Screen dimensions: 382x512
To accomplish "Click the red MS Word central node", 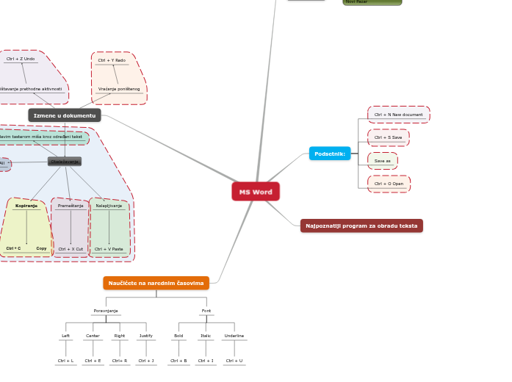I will (x=256, y=192).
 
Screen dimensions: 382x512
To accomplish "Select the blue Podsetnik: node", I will (x=330, y=154).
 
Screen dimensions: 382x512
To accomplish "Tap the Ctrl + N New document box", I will (x=398, y=115).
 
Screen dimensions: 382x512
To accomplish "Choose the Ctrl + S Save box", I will (x=388, y=137).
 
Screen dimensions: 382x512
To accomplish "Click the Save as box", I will (x=383, y=161).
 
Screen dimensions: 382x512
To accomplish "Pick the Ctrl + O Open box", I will (x=389, y=184).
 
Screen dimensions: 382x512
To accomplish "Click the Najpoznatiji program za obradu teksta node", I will (x=361, y=226).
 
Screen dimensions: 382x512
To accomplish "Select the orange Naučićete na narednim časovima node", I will (x=156, y=283).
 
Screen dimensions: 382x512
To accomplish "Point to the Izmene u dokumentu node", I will (x=65, y=115).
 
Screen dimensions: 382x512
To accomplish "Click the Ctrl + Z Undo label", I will (x=21, y=59).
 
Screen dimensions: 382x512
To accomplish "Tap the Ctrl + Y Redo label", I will (x=112, y=60).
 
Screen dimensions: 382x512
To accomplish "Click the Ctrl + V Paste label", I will (x=109, y=249).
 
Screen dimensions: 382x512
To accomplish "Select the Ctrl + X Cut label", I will (x=71, y=249).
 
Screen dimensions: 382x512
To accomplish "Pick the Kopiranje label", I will (x=26, y=206).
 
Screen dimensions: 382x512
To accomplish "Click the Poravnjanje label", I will (x=106, y=311).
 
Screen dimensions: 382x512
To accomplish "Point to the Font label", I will (x=206, y=311).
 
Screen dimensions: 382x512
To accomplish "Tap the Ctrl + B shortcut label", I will (x=179, y=361).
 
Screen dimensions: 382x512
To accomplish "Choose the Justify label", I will (x=146, y=336).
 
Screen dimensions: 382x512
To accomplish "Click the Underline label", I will (x=234, y=336).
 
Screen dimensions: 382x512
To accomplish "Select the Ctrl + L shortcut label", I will (x=65, y=361).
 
